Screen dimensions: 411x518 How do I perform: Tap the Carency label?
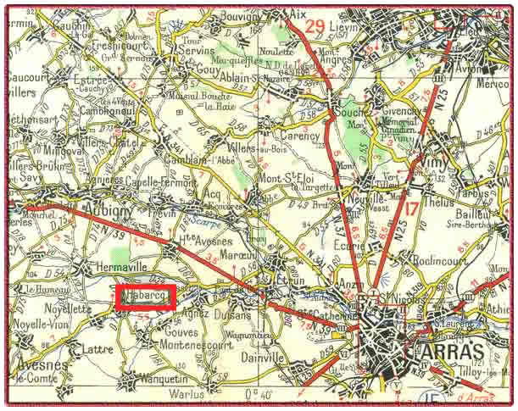pyautogui.click(x=301, y=135)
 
